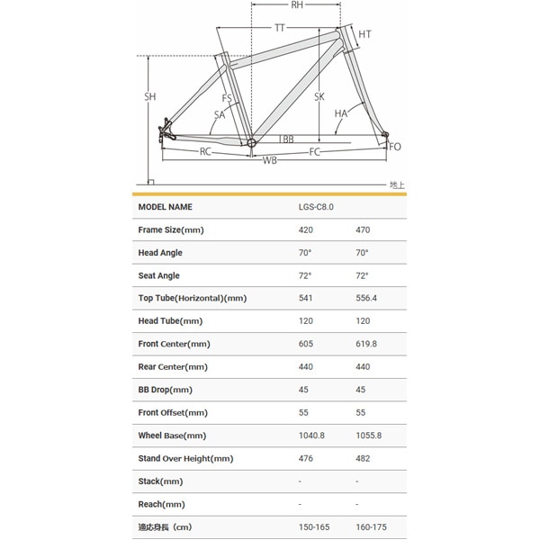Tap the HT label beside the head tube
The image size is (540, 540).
click(364, 34)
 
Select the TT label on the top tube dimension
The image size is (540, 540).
click(280, 29)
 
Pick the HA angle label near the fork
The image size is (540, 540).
click(340, 113)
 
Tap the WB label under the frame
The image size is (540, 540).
click(269, 160)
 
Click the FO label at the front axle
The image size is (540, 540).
click(396, 146)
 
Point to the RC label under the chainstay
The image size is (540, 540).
click(205, 152)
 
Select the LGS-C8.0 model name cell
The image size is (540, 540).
click(316, 207)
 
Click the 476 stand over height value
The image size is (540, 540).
click(306, 458)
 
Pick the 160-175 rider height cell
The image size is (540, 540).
click(371, 527)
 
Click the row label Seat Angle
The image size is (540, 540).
click(158, 275)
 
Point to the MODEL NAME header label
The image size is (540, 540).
click(165, 207)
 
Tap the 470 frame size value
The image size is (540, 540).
click(363, 229)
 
